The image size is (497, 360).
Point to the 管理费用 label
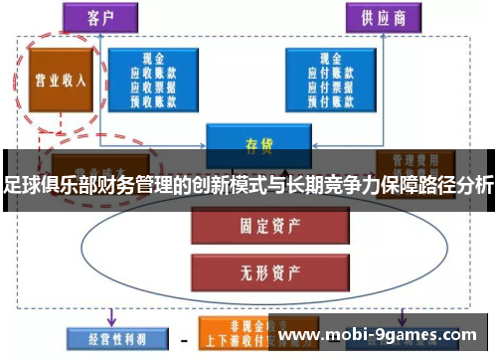coord(415,159)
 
